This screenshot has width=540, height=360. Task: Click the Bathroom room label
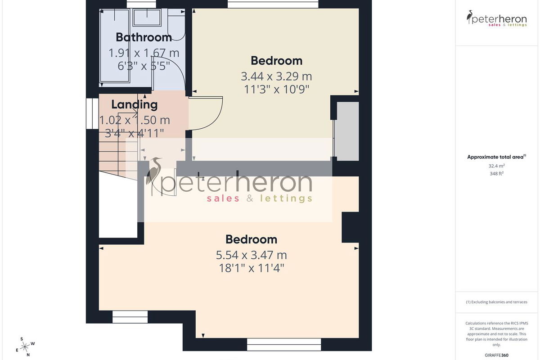[144, 37]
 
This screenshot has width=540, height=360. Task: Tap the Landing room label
[134, 105]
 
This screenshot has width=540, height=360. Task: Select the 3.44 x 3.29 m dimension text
[276, 76]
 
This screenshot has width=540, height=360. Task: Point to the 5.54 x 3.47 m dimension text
[251, 255]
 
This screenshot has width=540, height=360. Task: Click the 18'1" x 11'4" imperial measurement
[251, 268]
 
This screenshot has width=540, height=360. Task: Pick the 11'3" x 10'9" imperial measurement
[276, 90]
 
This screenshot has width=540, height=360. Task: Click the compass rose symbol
[25, 347]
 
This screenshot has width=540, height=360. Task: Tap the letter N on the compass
[28, 355]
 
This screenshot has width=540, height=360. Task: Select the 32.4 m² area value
[496, 166]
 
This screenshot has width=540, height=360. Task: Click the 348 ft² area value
[496, 173]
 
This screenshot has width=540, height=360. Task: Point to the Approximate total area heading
[496, 157]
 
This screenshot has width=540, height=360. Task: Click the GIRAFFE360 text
[496, 355]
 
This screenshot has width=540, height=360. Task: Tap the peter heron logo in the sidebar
[496, 18]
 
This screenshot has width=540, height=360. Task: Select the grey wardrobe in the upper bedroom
[347, 131]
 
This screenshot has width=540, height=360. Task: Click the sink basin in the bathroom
[147, 18]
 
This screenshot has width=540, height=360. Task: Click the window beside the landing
[92, 113]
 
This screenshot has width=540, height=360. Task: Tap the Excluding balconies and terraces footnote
[496, 302]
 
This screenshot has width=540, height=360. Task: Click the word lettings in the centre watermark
[286, 198]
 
